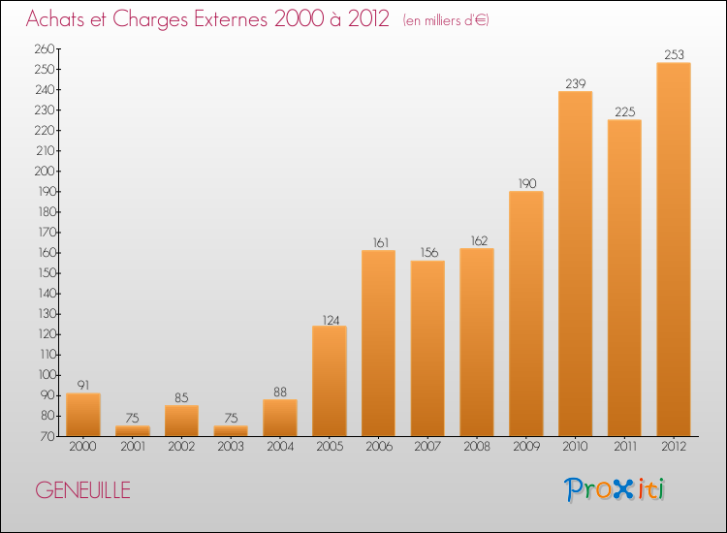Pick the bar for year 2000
click(x=83, y=414)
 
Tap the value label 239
click(x=575, y=83)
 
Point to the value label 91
click(x=83, y=385)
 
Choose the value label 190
click(x=525, y=183)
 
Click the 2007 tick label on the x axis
click(x=427, y=447)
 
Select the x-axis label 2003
click(x=231, y=447)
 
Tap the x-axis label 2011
click(x=624, y=447)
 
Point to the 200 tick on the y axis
click(x=45, y=171)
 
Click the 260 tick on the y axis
click(x=45, y=48)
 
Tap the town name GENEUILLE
click(x=82, y=490)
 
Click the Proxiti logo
click(x=615, y=489)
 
